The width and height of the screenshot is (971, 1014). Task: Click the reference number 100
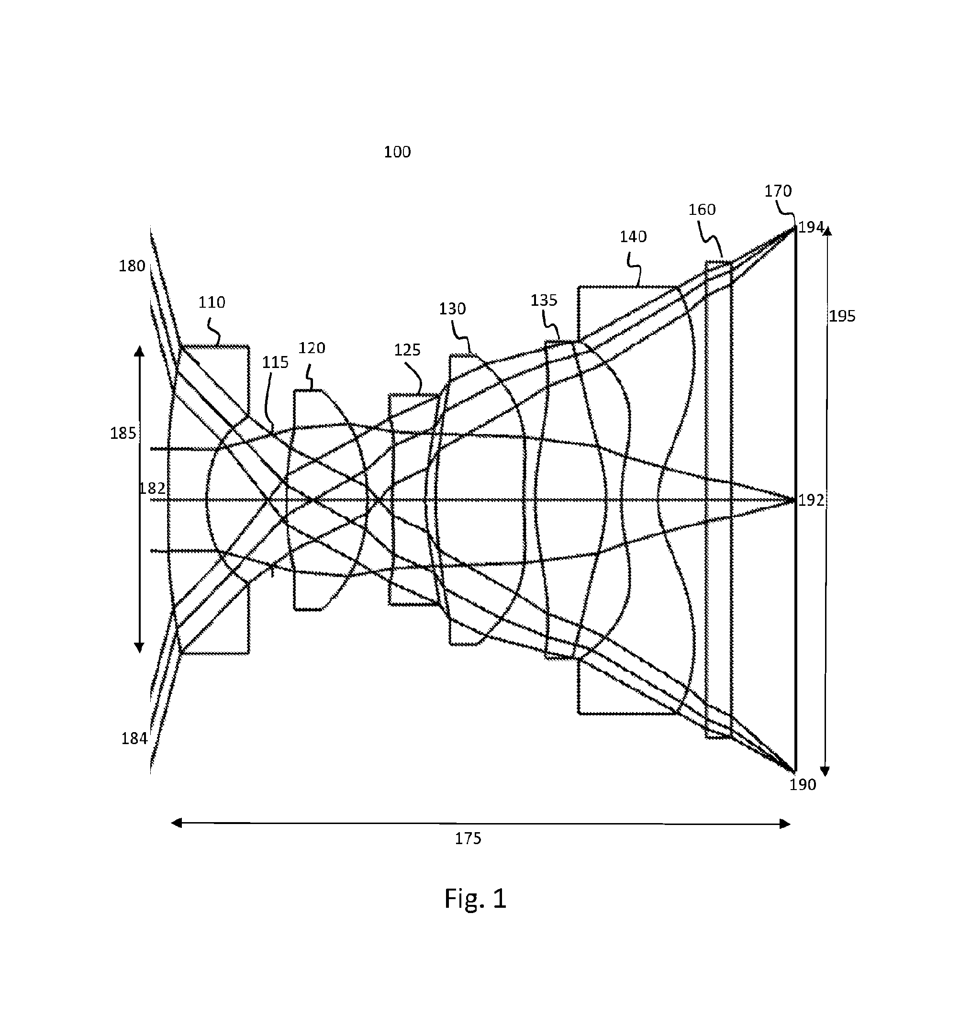pos(397,152)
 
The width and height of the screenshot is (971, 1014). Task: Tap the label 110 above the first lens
pos(212,302)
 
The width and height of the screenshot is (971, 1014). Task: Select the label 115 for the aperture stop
pos(275,362)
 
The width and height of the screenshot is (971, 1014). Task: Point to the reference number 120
pos(312,348)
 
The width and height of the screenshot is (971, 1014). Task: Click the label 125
pos(407,350)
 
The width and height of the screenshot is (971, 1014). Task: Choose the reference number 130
pos(452,309)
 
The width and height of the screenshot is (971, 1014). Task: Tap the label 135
pos(544,300)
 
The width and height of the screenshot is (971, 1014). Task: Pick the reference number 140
pos(633,236)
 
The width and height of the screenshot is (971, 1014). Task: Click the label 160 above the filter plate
pos(702,210)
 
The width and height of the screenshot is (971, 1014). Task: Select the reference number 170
pos(778,191)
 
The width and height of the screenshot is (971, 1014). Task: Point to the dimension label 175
pos(468,838)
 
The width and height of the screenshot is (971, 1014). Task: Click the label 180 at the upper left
pos(132,266)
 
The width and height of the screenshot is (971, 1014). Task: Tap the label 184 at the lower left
pos(134,739)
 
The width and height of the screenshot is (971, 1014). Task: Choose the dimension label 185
pos(123,433)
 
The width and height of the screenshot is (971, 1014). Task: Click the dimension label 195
pos(842,316)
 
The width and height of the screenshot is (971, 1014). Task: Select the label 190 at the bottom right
pos(803,785)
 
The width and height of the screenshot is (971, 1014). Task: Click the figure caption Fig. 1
pos(475,898)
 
